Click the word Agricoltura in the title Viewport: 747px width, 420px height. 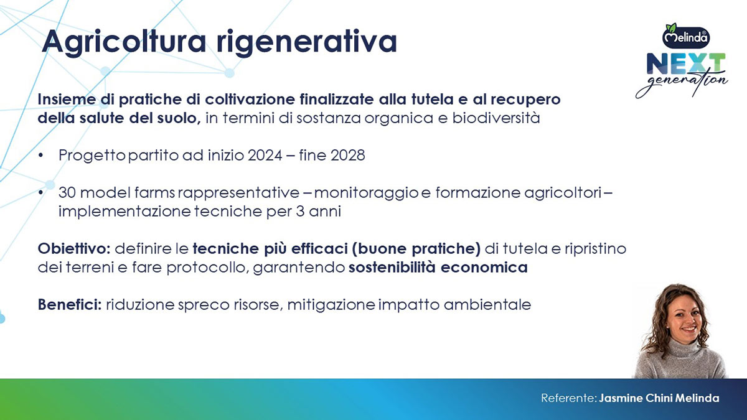point(124,42)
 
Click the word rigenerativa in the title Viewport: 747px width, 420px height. point(307,42)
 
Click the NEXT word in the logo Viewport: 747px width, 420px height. point(686,63)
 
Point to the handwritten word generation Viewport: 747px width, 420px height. point(682,83)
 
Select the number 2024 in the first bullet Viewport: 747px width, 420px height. point(265,156)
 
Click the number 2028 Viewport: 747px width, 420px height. point(348,156)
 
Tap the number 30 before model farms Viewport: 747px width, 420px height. point(67,193)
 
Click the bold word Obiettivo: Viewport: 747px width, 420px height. point(74,249)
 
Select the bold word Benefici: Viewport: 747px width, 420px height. point(70,305)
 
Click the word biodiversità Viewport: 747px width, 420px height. point(496,118)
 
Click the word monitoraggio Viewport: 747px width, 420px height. point(366,194)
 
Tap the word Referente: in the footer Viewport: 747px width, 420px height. point(568,398)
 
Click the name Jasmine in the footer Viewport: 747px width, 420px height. point(621,398)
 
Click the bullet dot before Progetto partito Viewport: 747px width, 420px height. point(40,156)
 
